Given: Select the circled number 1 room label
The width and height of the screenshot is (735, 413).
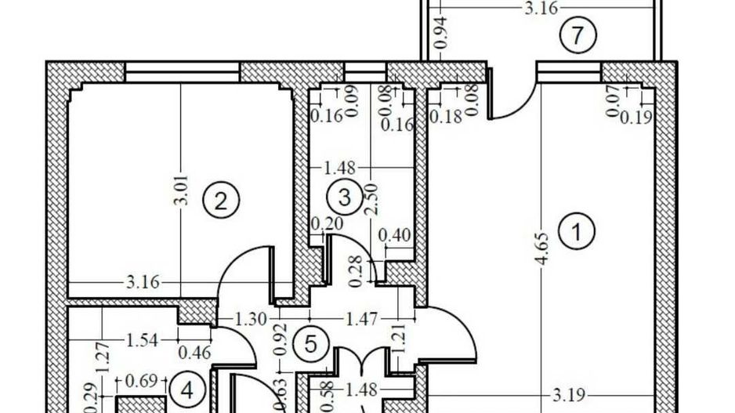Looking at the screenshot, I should [x=579, y=232].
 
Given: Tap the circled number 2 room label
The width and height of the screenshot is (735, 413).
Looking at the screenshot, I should [x=220, y=201].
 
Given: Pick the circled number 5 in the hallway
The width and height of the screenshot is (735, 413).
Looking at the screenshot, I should [x=310, y=343].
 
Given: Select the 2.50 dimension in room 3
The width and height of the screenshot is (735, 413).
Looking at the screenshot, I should [x=372, y=197].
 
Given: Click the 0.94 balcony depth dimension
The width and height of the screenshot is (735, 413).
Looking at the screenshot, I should [x=441, y=33].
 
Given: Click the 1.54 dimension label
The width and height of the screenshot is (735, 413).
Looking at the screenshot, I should [x=142, y=339].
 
